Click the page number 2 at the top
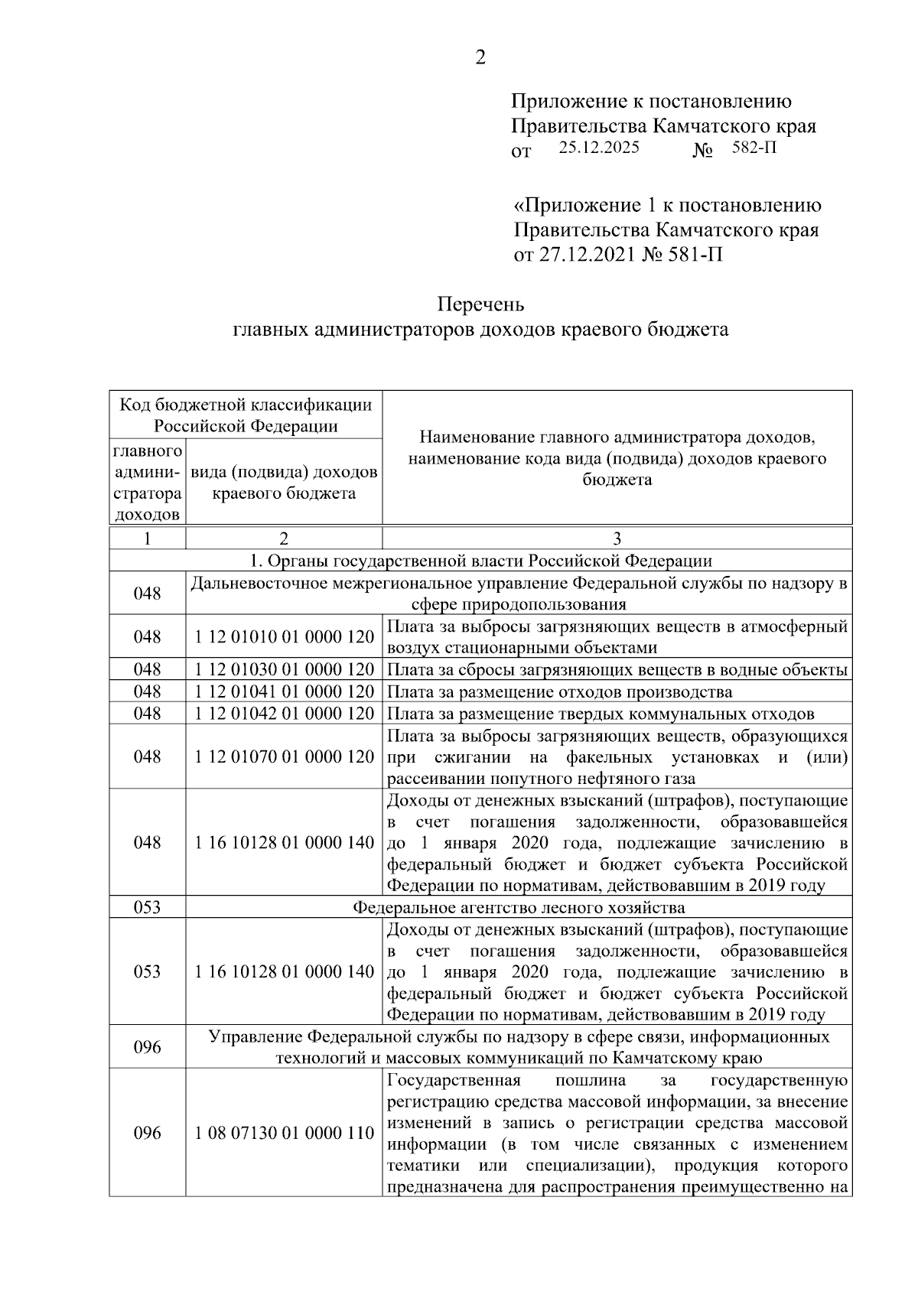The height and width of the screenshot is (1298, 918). (480, 58)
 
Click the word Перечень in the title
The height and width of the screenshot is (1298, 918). (480, 304)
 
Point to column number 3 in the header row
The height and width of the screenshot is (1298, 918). (617, 538)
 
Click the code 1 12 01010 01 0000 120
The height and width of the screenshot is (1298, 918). (284, 636)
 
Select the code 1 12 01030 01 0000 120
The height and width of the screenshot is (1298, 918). (284, 669)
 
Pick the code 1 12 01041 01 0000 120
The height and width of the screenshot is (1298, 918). (284, 691)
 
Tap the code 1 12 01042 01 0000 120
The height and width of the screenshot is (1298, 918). (284, 714)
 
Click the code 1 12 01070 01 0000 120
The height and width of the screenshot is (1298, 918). (284, 756)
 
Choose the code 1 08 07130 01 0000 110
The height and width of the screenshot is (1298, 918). (284, 1133)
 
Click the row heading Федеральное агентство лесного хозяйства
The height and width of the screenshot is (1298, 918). (519, 907)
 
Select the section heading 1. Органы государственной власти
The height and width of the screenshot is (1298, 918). (480, 561)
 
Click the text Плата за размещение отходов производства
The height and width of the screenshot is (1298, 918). (560, 691)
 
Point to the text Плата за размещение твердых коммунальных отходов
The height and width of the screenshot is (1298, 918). (601, 714)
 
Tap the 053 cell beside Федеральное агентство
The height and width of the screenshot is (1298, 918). (147, 907)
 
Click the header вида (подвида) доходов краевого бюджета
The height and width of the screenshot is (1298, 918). (284, 483)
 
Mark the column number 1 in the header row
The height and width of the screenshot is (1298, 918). (147, 538)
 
